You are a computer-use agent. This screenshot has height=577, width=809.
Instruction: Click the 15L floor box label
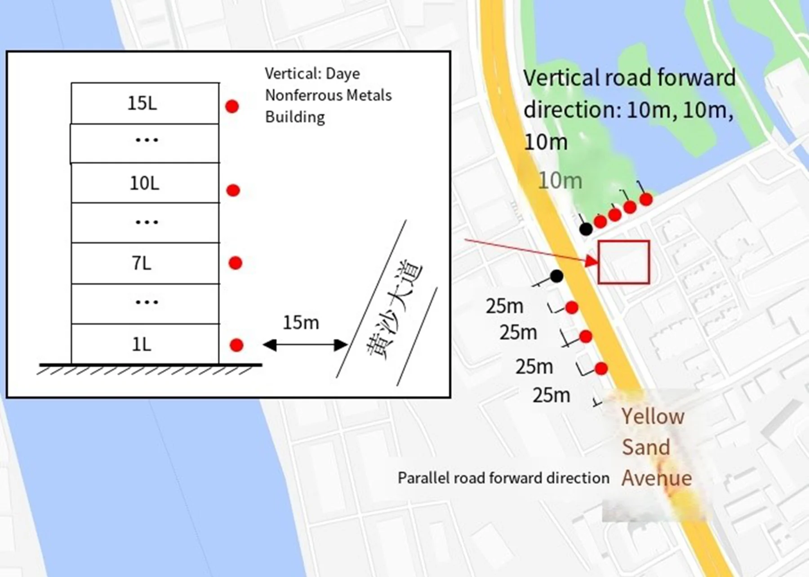(142, 103)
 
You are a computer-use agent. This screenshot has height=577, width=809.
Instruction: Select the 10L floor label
(144, 183)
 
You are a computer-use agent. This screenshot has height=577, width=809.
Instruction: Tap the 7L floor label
(142, 263)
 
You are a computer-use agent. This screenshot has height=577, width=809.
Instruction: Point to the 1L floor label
(142, 345)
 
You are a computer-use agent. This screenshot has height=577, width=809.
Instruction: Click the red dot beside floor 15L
(232, 107)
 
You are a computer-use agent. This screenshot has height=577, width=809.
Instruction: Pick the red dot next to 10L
(233, 191)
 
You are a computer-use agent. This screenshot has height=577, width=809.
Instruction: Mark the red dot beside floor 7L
(235, 263)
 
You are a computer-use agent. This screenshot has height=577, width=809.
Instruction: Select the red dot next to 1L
(236, 345)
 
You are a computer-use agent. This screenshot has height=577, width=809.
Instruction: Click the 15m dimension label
(301, 323)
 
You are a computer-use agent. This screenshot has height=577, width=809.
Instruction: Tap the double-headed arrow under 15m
(305, 345)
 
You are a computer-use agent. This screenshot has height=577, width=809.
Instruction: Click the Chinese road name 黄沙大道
(394, 310)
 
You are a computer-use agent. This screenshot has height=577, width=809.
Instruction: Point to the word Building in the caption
(295, 117)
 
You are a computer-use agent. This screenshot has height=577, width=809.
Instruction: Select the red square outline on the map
(624, 262)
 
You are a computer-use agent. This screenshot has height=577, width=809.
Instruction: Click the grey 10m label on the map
(560, 181)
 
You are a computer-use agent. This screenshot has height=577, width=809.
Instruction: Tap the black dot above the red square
(586, 229)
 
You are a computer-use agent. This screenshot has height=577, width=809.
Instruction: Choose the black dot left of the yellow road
(556, 276)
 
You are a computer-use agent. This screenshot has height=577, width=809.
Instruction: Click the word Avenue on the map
(657, 478)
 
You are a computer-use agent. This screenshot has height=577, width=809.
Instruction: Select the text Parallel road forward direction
(503, 478)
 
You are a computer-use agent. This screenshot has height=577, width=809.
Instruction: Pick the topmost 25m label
(504, 306)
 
